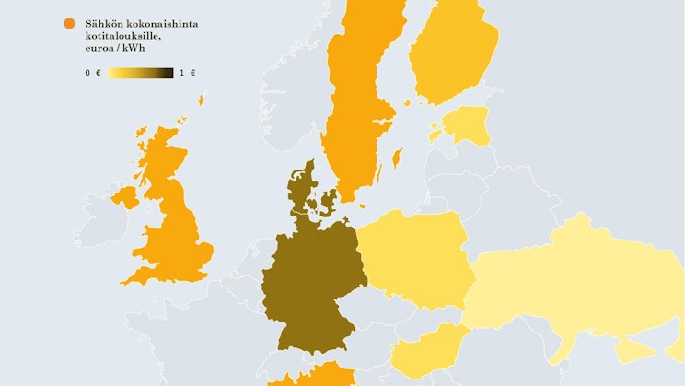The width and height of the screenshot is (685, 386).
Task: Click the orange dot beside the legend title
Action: point(69,24)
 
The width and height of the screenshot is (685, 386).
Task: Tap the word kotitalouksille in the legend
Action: point(117,35)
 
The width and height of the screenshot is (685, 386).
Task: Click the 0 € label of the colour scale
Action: point(92,73)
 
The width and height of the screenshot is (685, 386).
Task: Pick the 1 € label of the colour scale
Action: point(188,73)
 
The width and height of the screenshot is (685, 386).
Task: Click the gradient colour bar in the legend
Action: point(139,73)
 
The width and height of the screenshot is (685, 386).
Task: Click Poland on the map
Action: point(414,258)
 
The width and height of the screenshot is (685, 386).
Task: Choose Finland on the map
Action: point(451,55)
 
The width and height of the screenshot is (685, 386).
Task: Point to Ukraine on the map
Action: point(571,286)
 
